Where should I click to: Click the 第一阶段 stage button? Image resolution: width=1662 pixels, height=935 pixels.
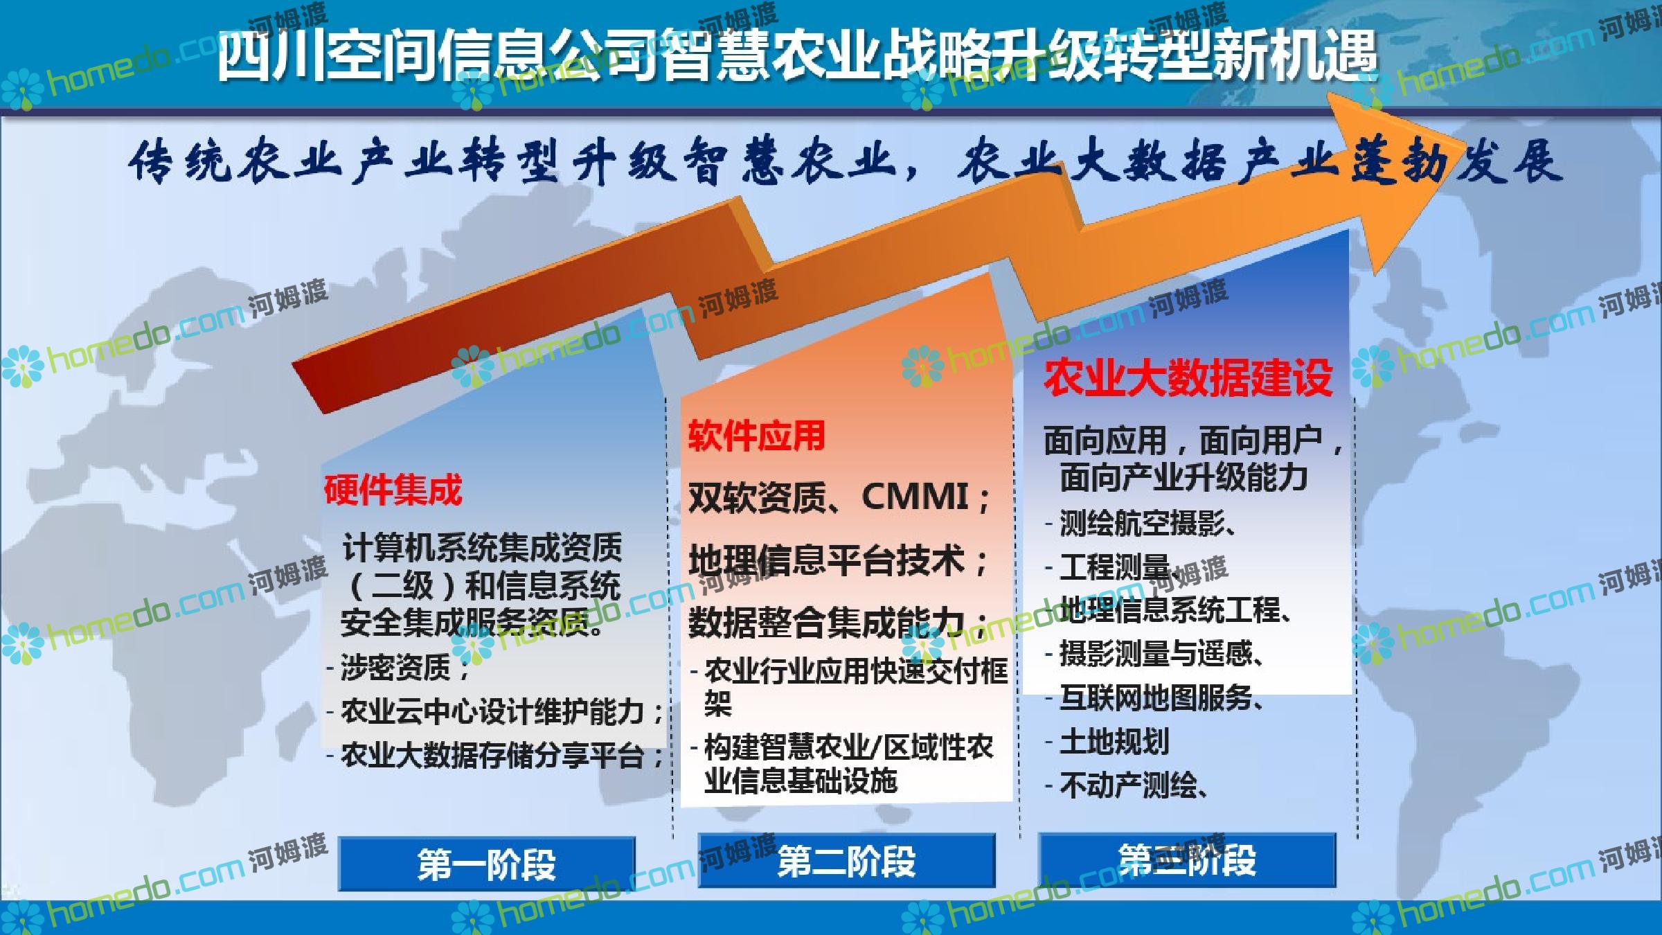486,863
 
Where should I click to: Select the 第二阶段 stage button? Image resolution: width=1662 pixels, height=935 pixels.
846,861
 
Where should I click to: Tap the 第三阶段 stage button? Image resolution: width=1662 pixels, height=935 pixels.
1187,860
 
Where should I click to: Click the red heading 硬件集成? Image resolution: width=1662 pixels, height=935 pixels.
393,490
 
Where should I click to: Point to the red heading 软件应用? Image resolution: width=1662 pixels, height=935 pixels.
756,436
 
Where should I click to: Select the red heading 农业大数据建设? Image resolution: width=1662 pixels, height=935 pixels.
1188,377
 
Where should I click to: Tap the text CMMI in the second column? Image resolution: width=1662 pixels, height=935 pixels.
915,497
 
